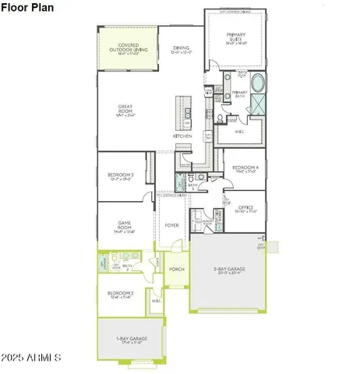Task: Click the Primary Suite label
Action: (235, 37)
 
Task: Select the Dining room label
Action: (181, 49)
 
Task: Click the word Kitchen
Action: (182, 136)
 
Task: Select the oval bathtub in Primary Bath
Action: (258, 83)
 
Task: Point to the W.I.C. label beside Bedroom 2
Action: (156, 300)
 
